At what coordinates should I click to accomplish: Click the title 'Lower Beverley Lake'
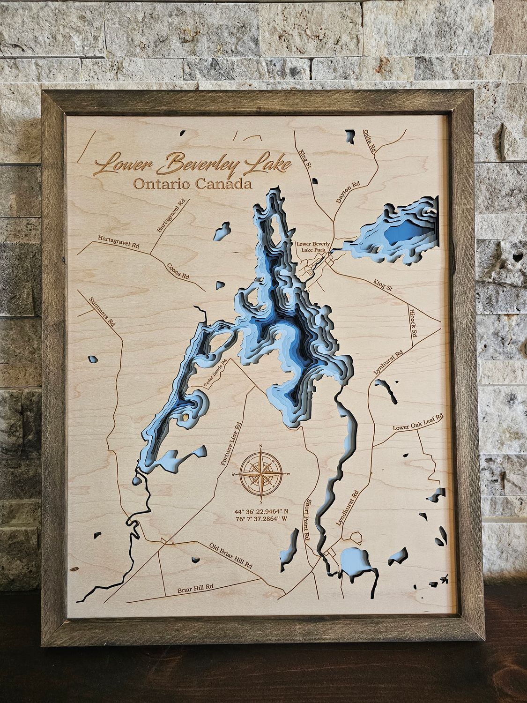pos(193,164)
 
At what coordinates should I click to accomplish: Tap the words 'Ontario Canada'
pos(193,184)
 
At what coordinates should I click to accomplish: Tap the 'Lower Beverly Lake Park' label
pos(314,247)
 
